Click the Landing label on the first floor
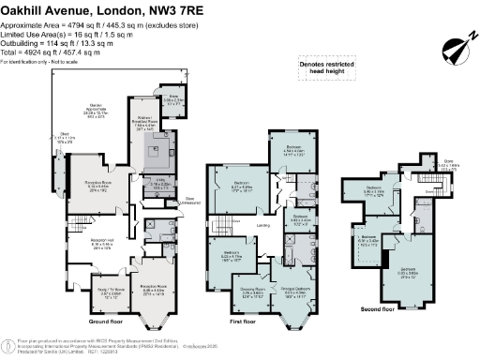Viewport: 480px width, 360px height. coord(265,224)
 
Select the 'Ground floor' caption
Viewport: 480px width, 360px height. coord(108,321)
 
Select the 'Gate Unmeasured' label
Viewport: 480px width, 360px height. coord(189,198)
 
